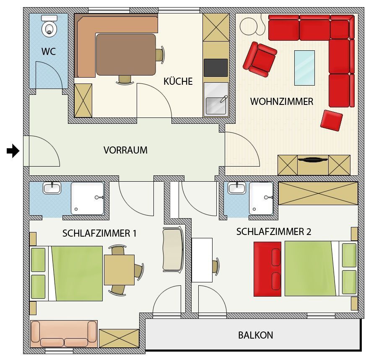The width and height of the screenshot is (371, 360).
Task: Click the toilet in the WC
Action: pyautogui.click(x=49, y=26)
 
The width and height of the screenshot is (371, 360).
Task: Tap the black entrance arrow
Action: pyautogui.click(x=13, y=151)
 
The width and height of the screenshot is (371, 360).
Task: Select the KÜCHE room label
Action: pyautogui.click(x=178, y=81)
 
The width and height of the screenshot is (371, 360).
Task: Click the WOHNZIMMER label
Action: pyautogui.click(x=282, y=102)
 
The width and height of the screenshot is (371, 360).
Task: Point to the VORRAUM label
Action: pyautogui.click(x=125, y=150)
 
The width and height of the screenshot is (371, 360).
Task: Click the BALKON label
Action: pyautogui.click(x=256, y=335)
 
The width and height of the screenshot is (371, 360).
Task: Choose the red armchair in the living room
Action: pyautogui.click(x=260, y=59)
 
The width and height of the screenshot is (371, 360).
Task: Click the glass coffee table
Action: pyautogui.click(x=304, y=68)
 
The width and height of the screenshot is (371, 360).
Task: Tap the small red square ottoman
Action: pyautogui.click(x=332, y=120)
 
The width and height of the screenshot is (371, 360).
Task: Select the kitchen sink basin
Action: pyautogui.click(x=215, y=106)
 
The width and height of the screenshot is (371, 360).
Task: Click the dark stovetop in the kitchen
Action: pyautogui.click(x=215, y=68)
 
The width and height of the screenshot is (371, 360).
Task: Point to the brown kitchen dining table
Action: pyautogui.click(x=126, y=55)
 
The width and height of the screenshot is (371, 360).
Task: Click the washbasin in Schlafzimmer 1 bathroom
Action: pyautogui.click(x=52, y=188)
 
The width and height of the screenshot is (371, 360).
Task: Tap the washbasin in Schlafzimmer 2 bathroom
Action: pyautogui.click(x=237, y=188)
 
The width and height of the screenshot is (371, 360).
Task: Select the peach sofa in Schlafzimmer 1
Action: pyautogui.click(x=64, y=334)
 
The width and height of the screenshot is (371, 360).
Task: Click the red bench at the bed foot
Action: pyautogui.click(x=267, y=269)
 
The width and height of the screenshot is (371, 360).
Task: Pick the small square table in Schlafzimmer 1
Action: pyautogui.click(x=119, y=270)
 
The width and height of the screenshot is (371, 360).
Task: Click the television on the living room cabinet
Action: pyautogui.click(x=313, y=159)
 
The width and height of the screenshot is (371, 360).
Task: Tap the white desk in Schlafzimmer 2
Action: pyautogui.click(x=202, y=260)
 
